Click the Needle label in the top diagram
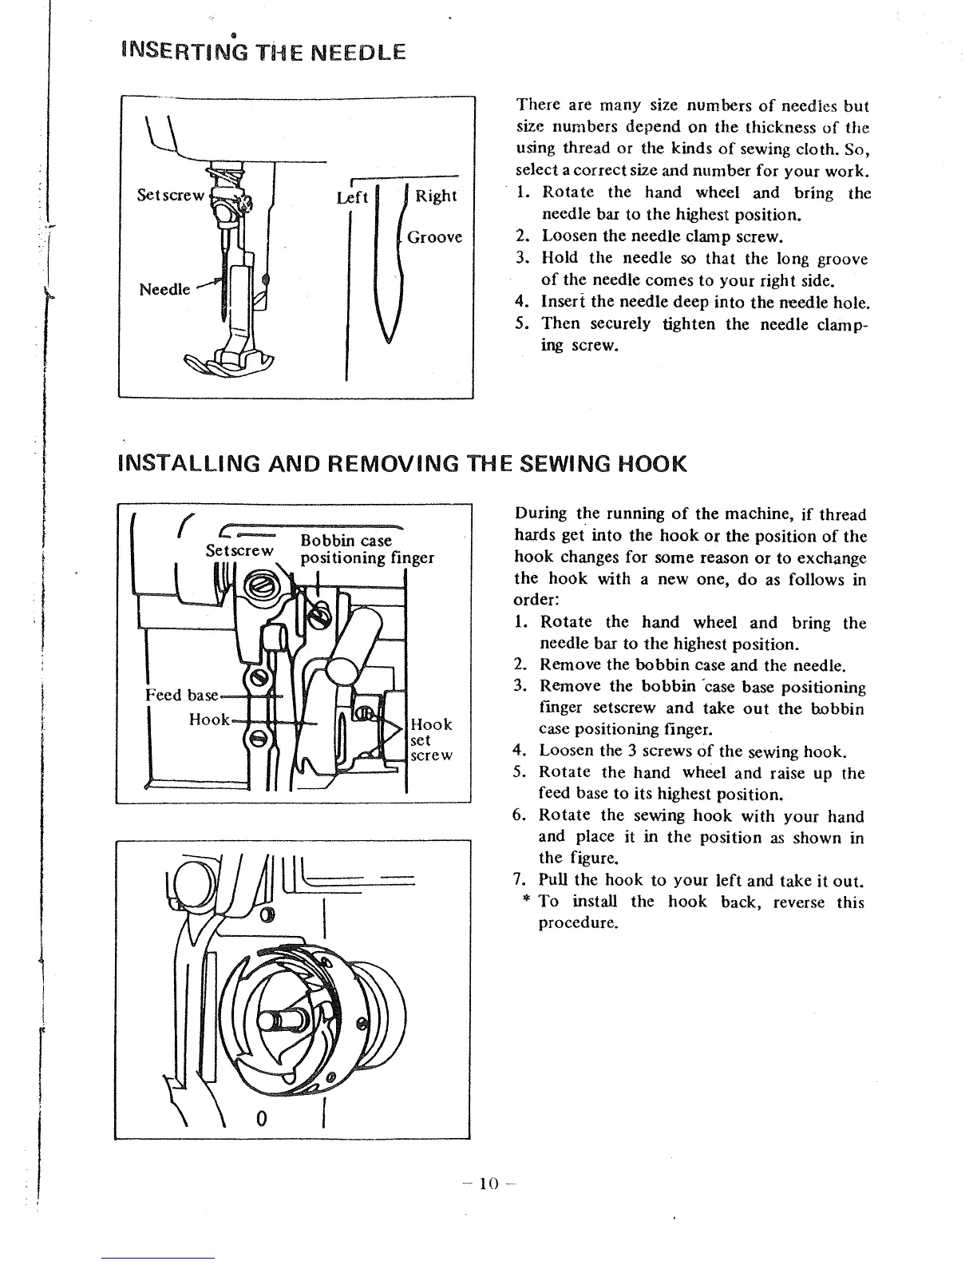pyautogui.click(x=164, y=289)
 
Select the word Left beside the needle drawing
pyautogui.click(x=351, y=196)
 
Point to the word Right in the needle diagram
pyautogui.click(x=436, y=196)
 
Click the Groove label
pyautogui.click(x=434, y=237)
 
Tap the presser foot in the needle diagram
pyautogui.click(x=227, y=363)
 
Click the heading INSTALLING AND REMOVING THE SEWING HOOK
pyautogui.click(x=401, y=465)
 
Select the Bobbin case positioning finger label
pyautogui.click(x=366, y=549)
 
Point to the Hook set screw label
pyautogui.click(x=430, y=740)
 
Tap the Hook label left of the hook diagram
pyautogui.click(x=209, y=720)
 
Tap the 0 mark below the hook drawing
pyautogui.click(x=260, y=1118)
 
